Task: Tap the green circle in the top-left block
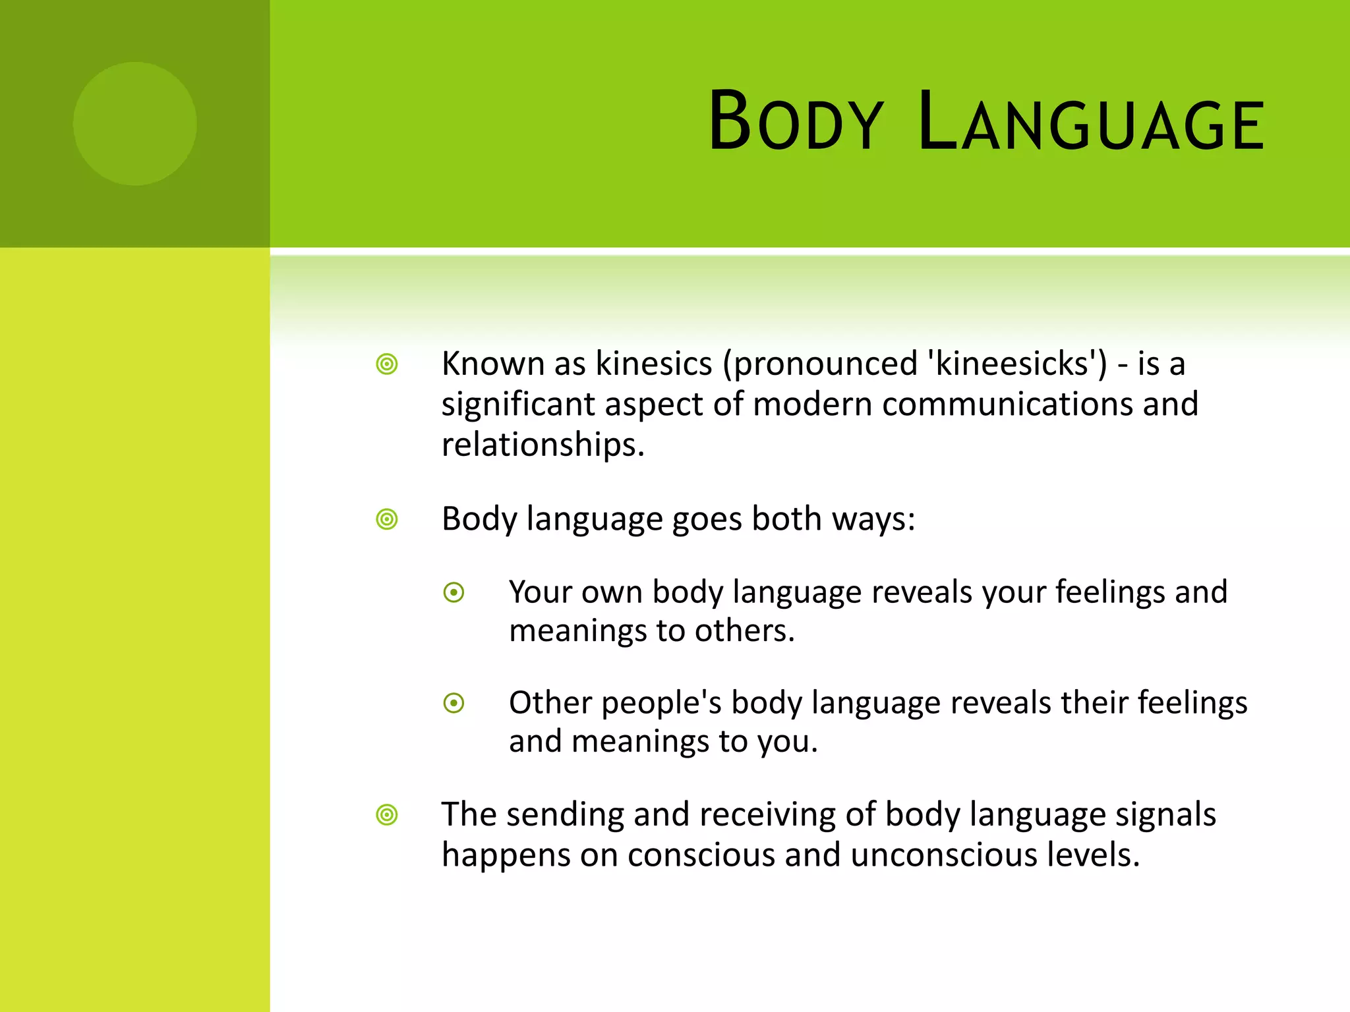tap(134, 123)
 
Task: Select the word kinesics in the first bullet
tap(654, 364)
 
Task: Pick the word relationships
tap(542, 445)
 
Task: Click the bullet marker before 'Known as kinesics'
tap(387, 364)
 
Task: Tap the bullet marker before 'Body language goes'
tap(387, 519)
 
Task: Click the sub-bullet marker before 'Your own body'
tap(454, 592)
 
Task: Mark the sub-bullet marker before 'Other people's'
tap(454, 703)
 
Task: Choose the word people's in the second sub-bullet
tap(661, 703)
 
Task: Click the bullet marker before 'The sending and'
tap(387, 815)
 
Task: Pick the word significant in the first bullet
tap(517, 405)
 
